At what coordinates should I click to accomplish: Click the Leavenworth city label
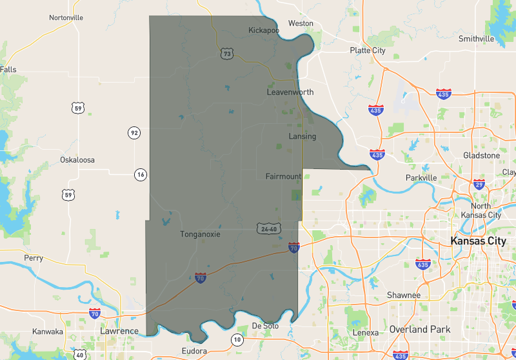[x=290, y=92]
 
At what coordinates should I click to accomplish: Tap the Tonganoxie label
[x=200, y=234]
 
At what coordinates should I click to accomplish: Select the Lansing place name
[x=302, y=136]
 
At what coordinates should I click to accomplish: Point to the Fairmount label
[x=283, y=176]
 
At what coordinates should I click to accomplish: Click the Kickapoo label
[x=264, y=30]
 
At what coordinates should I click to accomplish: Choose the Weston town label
[x=301, y=23]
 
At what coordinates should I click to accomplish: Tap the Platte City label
[x=368, y=50]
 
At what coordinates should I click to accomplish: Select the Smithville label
[x=476, y=39]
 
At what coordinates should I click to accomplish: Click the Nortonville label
[x=66, y=17]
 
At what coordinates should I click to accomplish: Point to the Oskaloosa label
[x=77, y=159]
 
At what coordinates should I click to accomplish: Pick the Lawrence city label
[x=119, y=331]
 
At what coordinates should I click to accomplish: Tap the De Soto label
[x=265, y=326]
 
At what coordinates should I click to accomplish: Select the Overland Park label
[x=420, y=329]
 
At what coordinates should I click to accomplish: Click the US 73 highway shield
[x=226, y=54]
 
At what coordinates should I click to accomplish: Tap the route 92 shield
[x=134, y=133]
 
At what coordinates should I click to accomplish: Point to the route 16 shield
[x=141, y=174]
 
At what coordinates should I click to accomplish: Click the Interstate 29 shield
[x=478, y=185]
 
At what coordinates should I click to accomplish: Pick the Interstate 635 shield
[x=423, y=264]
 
